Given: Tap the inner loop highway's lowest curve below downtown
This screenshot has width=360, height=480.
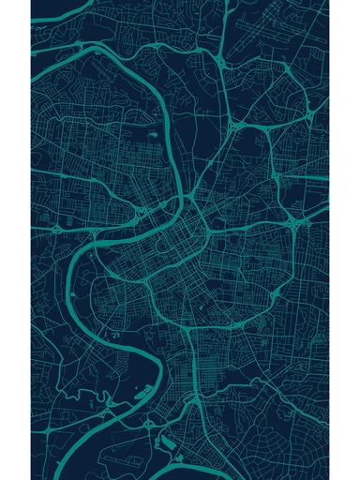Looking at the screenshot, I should coord(187,323).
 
